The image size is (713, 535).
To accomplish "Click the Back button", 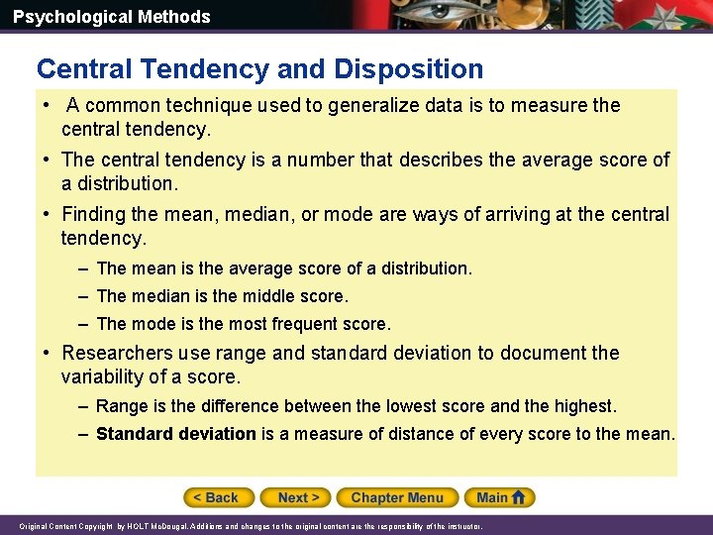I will [218, 497].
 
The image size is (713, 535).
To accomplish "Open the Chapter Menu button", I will [397, 497].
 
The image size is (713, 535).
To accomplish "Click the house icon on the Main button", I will [519, 497].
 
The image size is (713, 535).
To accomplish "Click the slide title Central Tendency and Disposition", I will [259, 68].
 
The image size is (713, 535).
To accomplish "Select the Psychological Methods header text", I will [112, 17].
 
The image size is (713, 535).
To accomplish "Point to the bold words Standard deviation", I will [176, 433].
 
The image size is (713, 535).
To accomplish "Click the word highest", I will [585, 406].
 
